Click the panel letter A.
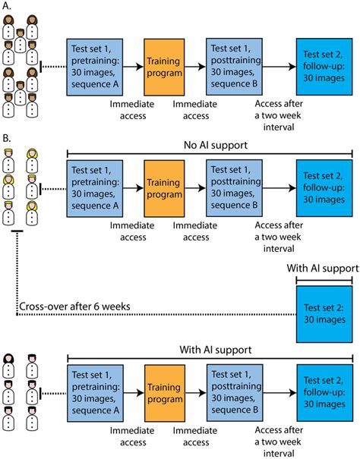(6, 6)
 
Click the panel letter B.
(6, 138)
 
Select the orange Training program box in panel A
(164, 67)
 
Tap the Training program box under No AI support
(164, 188)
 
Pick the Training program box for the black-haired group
(165, 393)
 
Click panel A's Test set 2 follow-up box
(324, 67)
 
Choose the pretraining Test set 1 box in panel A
(95, 67)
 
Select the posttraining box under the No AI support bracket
(234, 188)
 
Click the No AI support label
(216, 145)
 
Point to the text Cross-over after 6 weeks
(74, 307)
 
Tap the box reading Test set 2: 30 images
(324, 314)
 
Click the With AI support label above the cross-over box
(323, 268)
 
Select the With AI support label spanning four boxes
(216, 350)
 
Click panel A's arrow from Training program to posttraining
(195, 67)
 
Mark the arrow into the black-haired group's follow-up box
(280, 393)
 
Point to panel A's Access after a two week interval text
(279, 115)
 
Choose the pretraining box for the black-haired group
(95, 393)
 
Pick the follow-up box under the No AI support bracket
(324, 188)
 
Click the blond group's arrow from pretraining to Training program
(134, 188)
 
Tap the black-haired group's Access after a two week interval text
(279, 442)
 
